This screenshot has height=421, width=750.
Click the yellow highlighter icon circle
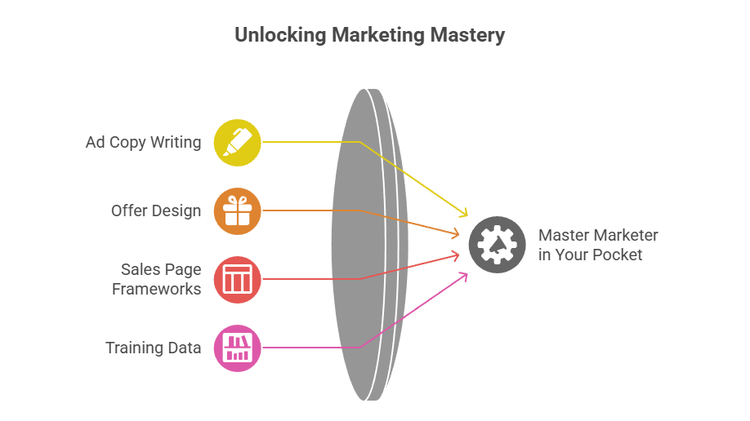[x=237, y=143]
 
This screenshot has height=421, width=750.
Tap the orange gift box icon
[x=237, y=211]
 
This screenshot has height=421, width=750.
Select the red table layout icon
[x=237, y=279]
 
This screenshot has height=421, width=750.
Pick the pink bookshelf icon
[x=237, y=348]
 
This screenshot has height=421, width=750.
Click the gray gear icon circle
[x=497, y=245]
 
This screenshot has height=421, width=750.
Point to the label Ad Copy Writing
[x=143, y=143]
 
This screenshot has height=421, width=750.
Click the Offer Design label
[x=156, y=211]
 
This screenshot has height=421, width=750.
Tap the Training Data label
[x=153, y=348]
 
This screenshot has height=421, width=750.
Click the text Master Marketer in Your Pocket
[x=598, y=245]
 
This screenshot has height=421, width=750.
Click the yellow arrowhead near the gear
[x=463, y=214]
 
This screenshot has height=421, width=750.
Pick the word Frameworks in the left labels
[x=157, y=289]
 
